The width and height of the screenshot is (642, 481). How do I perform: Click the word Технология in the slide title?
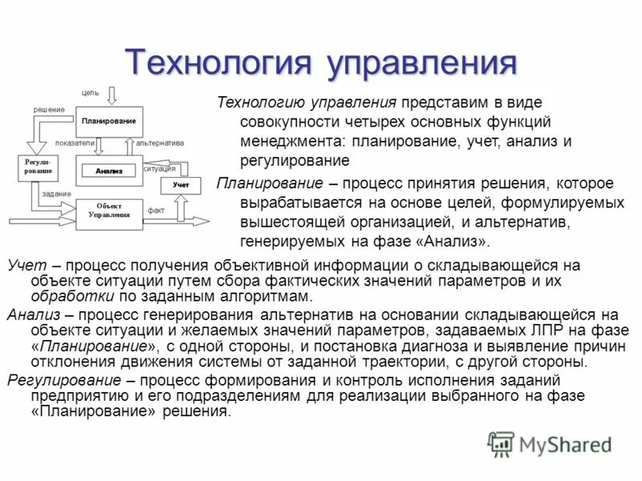[217, 63]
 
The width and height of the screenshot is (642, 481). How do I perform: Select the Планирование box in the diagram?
[109, 121]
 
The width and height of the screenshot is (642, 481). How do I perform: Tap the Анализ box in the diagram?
[109, 171]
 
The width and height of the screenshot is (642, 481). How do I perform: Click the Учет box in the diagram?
[181, 185]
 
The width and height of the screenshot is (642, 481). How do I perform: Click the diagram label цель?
[90, 93]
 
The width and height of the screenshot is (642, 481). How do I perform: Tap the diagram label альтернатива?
[160, 143]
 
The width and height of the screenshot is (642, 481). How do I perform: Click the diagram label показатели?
[75, 143]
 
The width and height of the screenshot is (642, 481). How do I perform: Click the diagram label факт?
[156, 210]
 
